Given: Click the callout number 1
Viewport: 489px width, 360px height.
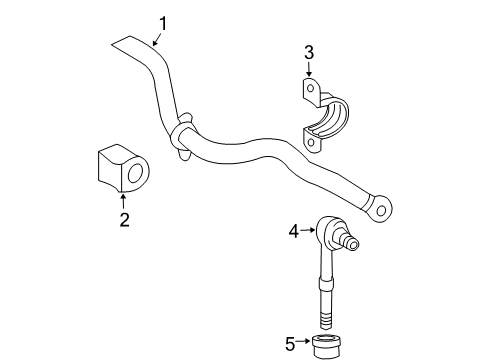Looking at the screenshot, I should pos(163,21).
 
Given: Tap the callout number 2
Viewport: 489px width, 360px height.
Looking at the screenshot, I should pos(124,219).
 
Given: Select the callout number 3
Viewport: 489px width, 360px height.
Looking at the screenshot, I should pos(309,52).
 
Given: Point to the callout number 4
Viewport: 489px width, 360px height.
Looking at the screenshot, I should pos(294,232).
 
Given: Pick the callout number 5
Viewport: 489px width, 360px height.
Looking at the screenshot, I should pos(290,345).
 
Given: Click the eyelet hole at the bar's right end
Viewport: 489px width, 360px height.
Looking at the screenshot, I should pos(382,209).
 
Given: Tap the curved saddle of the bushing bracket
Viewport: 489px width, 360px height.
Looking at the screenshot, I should pos(333,118).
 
